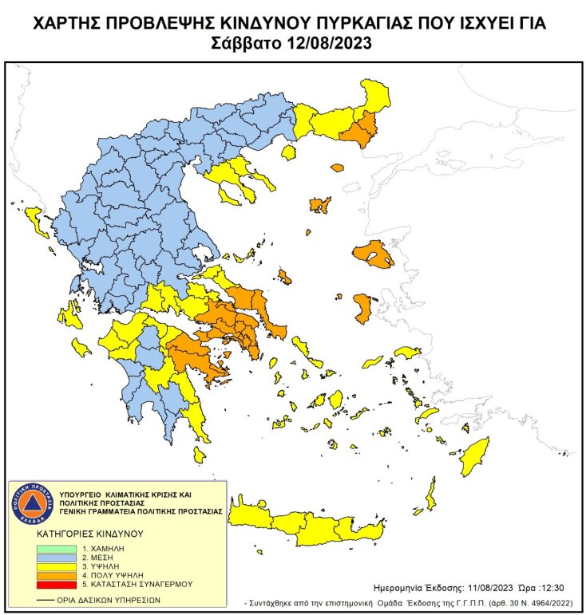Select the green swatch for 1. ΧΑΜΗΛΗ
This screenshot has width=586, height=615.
57,550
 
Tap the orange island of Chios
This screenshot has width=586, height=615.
363,307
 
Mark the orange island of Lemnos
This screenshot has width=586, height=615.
321,205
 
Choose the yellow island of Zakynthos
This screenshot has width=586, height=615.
81,347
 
